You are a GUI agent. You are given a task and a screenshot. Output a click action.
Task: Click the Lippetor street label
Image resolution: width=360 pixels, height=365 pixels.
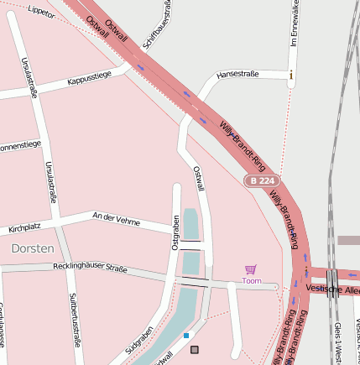pos(40,11)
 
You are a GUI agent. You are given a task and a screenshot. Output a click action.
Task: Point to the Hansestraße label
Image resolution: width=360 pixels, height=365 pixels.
pos(240,75)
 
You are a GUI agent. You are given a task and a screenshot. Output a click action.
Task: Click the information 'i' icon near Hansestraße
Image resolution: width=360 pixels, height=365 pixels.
pos(291,75)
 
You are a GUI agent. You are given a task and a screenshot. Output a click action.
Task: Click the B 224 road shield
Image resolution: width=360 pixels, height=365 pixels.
pos(260,180)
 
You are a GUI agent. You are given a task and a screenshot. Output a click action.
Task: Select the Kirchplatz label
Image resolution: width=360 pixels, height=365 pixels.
pos(24,227)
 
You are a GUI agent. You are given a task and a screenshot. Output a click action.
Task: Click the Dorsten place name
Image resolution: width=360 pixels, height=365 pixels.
pos(33,249)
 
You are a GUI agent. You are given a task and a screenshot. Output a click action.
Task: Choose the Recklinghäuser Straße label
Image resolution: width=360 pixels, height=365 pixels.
pos(90,268)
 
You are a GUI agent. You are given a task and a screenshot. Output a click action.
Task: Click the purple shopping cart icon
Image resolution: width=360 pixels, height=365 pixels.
pos(250,269)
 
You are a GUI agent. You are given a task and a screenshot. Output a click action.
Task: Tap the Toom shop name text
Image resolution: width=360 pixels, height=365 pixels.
pos(251,280)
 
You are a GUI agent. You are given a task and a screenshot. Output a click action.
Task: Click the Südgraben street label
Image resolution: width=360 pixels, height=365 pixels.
pos(139,335)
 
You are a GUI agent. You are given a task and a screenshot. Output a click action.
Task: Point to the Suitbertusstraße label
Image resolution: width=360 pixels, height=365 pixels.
pos(74,320)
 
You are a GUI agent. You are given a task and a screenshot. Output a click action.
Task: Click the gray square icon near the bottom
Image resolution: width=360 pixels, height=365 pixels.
pos(196,349)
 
